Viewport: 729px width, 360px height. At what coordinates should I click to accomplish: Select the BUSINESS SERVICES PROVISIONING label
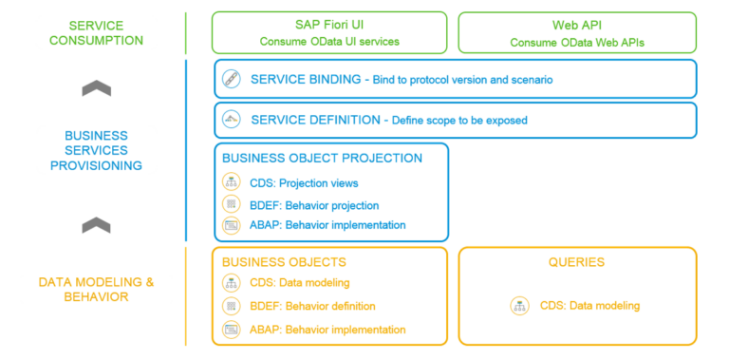(97, 150)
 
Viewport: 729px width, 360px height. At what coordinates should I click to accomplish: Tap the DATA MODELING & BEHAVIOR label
(96, 290)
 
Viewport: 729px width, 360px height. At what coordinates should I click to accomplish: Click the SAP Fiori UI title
(328, 25)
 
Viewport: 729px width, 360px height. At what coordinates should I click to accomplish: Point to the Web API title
(576, 25)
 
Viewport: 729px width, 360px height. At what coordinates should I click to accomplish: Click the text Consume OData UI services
(328, 42)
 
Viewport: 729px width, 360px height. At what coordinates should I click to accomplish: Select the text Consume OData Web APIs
(576, 43)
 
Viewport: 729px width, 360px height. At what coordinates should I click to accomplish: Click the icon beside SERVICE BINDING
(232, 80)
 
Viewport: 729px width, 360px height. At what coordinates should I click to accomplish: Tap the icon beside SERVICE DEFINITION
(232, 121)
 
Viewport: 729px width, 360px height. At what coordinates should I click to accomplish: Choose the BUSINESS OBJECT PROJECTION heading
(322, 158)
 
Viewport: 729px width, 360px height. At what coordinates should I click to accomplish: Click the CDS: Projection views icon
(232, 183)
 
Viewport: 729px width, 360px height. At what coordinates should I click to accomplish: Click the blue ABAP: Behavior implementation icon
(232, 226)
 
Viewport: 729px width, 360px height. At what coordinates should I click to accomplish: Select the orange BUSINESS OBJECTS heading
(284, 261)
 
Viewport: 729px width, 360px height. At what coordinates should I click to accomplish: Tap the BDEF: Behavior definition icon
(232, 306)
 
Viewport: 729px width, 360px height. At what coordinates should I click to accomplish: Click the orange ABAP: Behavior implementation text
(328, 330)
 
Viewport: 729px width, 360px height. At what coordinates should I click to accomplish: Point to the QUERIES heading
(576, 261)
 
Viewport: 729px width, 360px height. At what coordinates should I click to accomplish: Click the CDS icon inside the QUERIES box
(519, 306)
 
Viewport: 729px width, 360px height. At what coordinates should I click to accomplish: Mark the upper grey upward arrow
(97, 87)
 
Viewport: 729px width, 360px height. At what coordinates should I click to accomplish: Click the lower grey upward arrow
(97, 225)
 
